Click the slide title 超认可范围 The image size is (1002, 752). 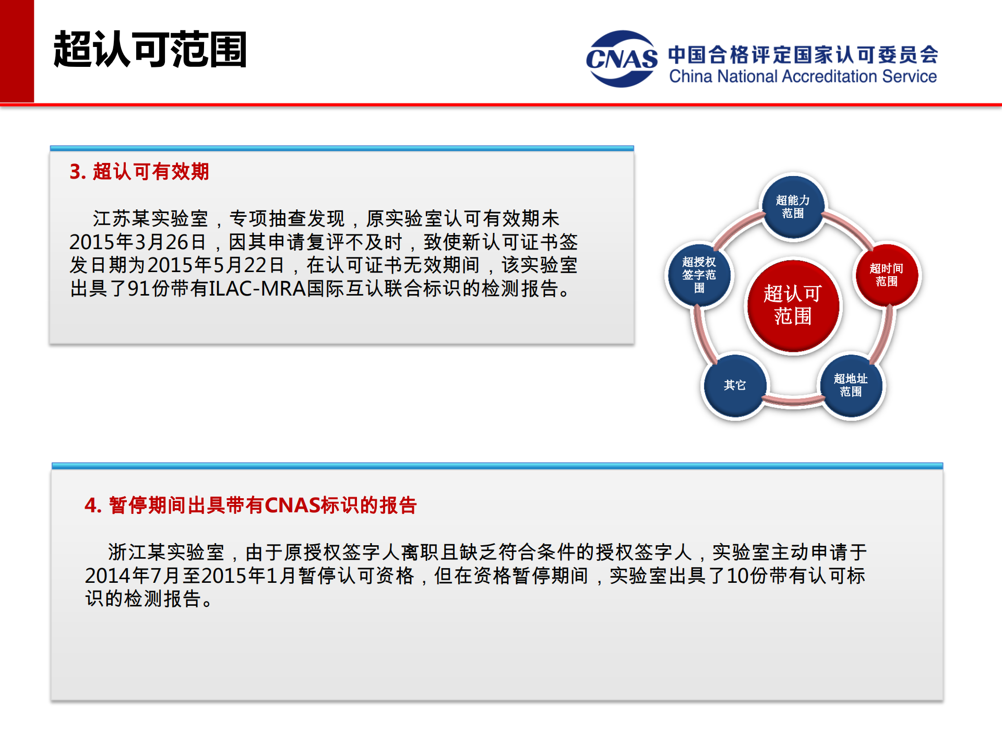click(x=150, y=50)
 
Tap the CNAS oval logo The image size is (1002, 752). click(x=622, y=58)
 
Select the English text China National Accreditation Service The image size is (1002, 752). click(x=803, y=77)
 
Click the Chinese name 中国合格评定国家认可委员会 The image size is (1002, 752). click(x=803, y=54)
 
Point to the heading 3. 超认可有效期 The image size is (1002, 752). click(x=139, y=171)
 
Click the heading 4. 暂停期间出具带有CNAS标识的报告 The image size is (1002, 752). click(x=250, y=505)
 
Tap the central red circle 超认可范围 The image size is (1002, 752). click(x=793, y=305)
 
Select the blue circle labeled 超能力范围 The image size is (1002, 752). click(x=793, y=207)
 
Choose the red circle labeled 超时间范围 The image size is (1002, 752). click(x=886, y=275)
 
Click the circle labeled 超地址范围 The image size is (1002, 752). click(x=851, y=385)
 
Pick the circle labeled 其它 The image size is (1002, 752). click(x=735, y=385)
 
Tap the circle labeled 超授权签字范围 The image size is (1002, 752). click(x=699, y=275)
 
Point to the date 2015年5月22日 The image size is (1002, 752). click(x=216, y=265)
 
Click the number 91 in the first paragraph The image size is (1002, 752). click(x=139, y=288)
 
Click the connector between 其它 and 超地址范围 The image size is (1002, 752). click(x=793, y=401)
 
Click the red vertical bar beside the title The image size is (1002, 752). click(x=17, y=51)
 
